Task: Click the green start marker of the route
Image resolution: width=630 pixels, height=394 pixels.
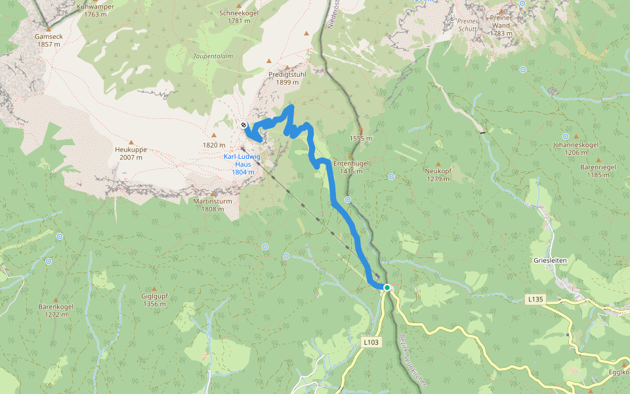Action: click(x=387, y=288)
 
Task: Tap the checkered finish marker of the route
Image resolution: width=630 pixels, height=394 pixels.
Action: click(x=243, y=125)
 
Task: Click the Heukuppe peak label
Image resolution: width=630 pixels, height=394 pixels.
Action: click(x=130, y=150)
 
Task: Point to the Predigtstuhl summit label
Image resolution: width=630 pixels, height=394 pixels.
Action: click(x=287, y=75)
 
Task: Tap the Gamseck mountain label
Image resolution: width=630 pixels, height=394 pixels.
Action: click(x=48, y=37)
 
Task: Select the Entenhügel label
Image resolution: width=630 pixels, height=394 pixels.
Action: click(x=351, y=163)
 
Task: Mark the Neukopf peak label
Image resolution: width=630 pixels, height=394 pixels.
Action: click(x=438, y=170)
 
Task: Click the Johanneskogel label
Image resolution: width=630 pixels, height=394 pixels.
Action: click(x=576, y=144)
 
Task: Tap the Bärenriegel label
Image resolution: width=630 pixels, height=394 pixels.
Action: click(x=598, y=167)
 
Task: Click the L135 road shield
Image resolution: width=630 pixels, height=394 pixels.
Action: click(x=536, y=299)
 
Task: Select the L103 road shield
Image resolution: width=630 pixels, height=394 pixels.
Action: click(x=371, y=342)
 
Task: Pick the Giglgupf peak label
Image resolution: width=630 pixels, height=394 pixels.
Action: click(x=154, y=296)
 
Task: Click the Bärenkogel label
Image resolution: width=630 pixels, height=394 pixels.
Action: click(x=56, y=307)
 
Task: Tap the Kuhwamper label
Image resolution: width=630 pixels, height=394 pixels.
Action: click(x=96, y=7)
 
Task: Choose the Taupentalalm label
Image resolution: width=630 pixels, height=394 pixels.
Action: click(x=213, y=56)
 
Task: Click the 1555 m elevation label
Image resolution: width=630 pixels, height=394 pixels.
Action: click(x=361, y=139)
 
